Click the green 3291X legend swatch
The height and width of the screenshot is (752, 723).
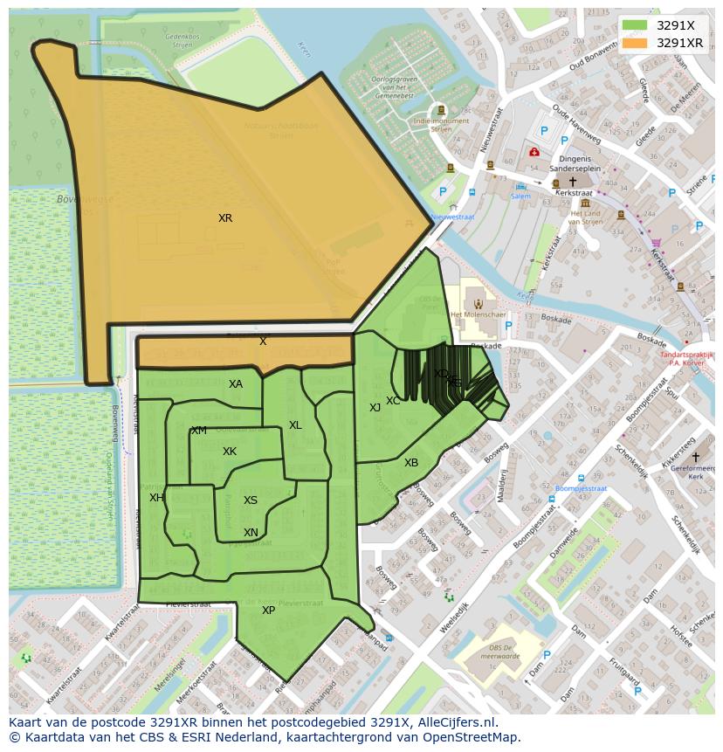coord(635,25)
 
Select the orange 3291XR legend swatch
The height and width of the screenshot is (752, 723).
coord(635,42)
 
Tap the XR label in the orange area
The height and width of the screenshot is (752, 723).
coord(225,218)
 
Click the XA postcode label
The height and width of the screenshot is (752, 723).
coord(236,384)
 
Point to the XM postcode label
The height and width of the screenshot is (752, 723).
coord(199,431)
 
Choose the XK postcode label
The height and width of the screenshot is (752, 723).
coord(230,452)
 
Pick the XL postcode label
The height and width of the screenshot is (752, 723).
coord(295,425)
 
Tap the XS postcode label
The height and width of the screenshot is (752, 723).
coord(251,500)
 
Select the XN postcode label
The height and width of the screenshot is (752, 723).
coord(251,533)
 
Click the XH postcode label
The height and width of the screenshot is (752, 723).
coord(156,498)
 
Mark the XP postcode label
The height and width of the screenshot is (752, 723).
coord(268,611)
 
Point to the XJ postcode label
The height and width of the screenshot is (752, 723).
coord(375,408)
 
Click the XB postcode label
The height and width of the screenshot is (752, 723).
coord(411,463)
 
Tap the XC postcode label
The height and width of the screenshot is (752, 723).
coord(393,401)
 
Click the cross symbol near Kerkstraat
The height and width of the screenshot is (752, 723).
coord(573,182)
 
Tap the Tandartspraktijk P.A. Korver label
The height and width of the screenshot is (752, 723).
coord(686,360)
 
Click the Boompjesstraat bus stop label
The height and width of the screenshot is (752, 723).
coord(581,488)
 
